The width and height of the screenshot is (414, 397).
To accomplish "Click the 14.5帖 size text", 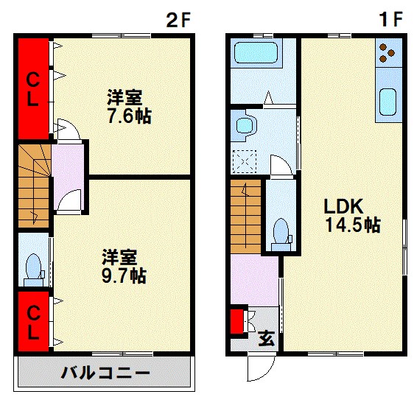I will (x=353, y=225).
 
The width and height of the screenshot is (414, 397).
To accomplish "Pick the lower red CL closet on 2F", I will (x=32, y=323).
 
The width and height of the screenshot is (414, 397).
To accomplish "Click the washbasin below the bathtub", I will (x=243, y=127).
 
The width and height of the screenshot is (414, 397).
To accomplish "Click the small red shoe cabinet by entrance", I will (x=237, y=323).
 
